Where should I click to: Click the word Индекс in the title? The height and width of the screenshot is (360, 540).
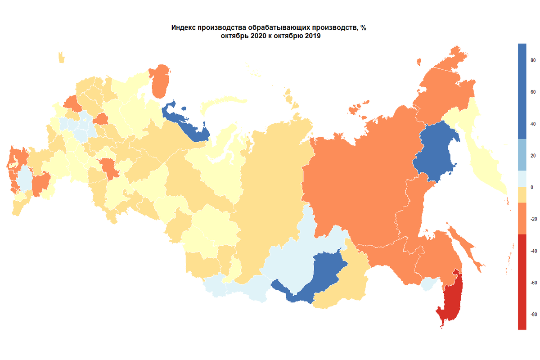coord(184,28)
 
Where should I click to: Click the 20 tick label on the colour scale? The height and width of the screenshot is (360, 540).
coord(532,156)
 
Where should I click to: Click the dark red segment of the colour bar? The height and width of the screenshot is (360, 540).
coord(522,282)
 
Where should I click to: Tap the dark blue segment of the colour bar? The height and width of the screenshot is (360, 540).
coord(522,90)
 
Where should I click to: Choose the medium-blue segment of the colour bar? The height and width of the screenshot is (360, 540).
coord(522,154)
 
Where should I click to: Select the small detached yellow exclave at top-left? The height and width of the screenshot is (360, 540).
coord(61,58)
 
